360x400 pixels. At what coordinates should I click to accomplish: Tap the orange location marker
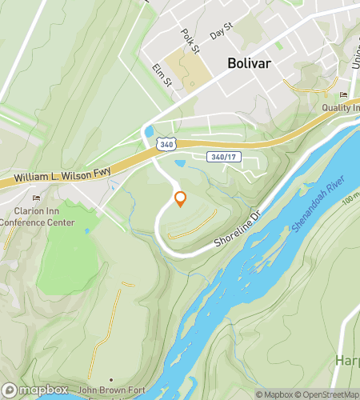[180, 199]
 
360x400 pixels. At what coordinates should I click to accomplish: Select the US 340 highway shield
[164, 144]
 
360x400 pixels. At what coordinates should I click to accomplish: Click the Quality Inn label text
[342, 108]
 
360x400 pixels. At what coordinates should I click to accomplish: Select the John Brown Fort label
[112, 390]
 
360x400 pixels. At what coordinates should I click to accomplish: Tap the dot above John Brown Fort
[111, 378]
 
